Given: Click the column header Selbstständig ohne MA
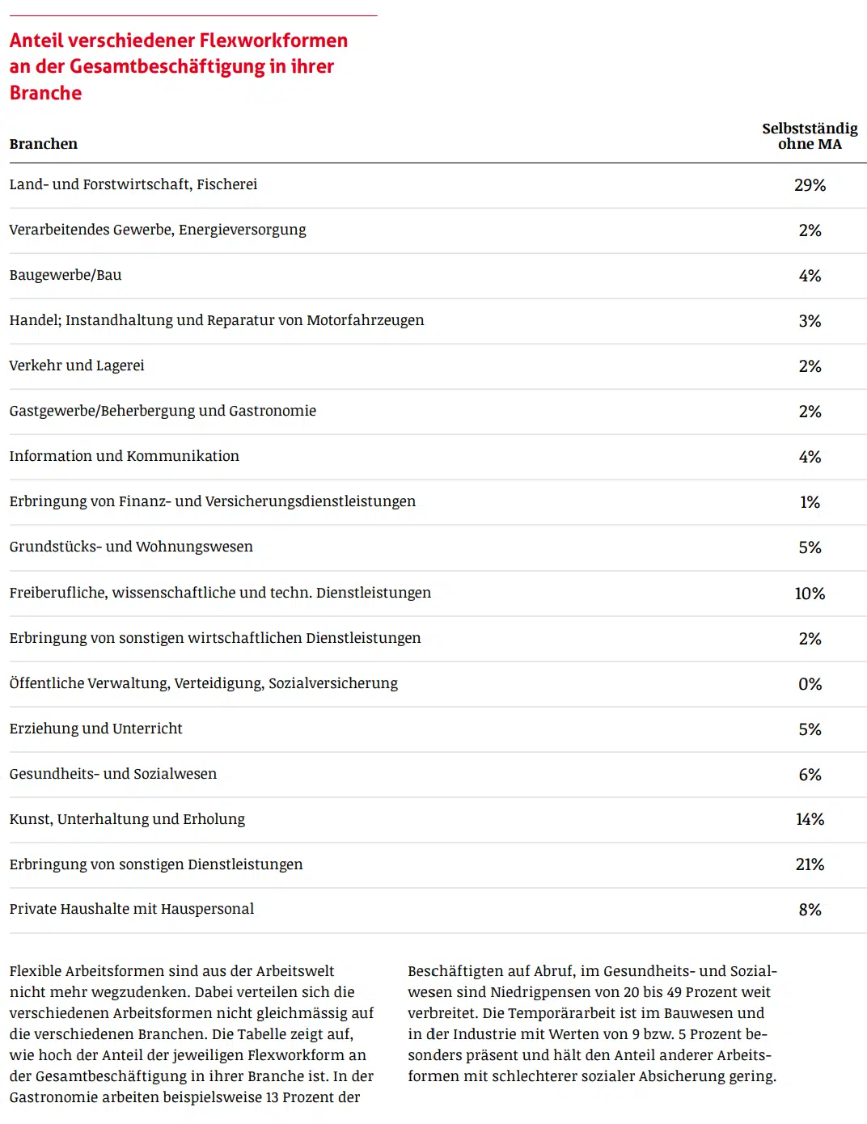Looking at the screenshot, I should pyautogui.click(x=810, y=136).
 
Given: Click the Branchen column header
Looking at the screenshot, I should pyautogui.click(x=44, y=144).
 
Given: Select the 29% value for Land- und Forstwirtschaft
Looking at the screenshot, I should pyautogui.click(x=810, y=185).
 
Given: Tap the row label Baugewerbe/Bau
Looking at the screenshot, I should pyautogui.click(x=66, y=275).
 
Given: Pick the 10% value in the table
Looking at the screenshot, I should pyautogui.click(x=810, y=594).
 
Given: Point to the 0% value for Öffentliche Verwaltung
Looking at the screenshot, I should pyautogui.click(x=810, y=684).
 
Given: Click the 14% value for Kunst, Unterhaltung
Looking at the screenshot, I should pyautogui.click(x=810, y=819).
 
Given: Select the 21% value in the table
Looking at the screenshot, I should pyautogui.click(x=810, y=864).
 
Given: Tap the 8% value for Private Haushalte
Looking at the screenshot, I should pyautogui.click(x=810, y=910).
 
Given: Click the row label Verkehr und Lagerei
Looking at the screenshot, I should pyautogui.click(x=77, y=366).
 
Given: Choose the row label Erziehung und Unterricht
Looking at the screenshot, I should pyautogui.click(x=96, y=729).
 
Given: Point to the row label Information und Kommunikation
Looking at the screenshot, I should pyautogui.click(x=125, y=456).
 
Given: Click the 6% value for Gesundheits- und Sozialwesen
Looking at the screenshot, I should pyautogui.click(x=810, y=775).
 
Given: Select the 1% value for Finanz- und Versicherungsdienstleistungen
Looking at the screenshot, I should pyautogui.click(x=810, y=502).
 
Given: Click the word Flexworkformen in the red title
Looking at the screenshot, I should pyautogui.click(x=273, y=40).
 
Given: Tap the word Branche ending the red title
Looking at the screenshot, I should pyautogui.click(x=46, y=93).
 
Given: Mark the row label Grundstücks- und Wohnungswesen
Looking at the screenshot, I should pyautogui.click(x=131, y=547).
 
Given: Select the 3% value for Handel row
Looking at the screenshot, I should pyautogui.click(x=810, y=321).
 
